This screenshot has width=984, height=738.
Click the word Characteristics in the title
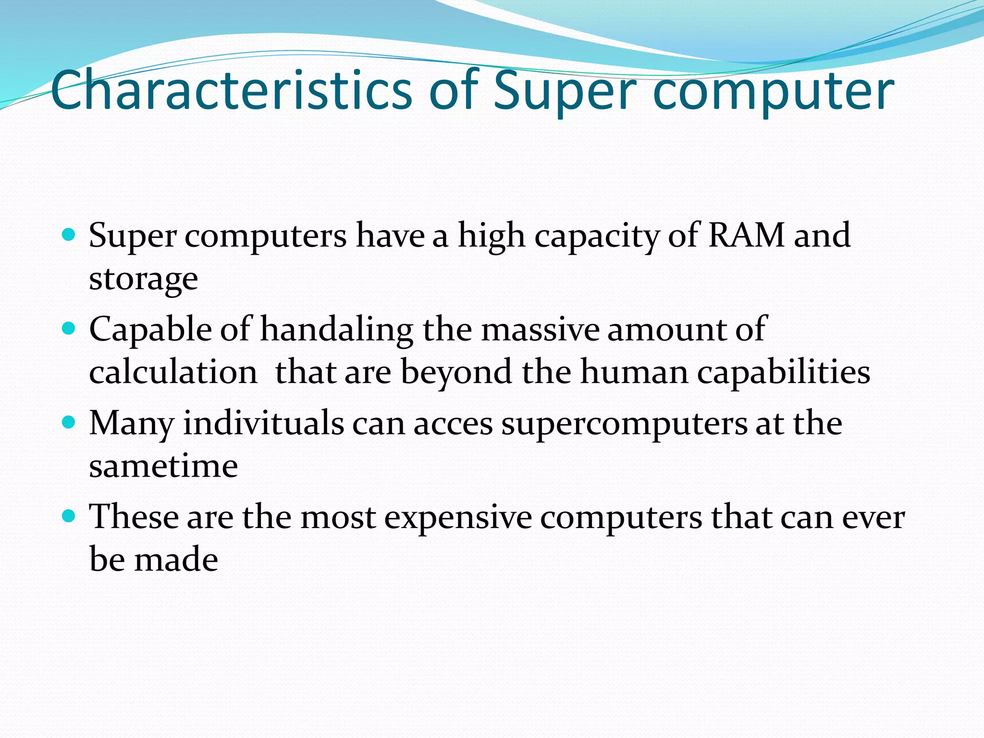click(231, 90)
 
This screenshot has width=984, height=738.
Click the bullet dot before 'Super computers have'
click(69, 235)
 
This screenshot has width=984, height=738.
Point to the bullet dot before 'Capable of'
click(69, 329)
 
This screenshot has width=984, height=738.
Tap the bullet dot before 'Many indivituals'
click(69, 422)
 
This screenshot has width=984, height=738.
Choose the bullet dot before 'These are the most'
click(69, 517)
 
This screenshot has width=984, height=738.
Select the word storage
click(143, 279)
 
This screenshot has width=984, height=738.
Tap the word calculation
click(173, 372)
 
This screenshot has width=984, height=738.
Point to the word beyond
click(456, 373)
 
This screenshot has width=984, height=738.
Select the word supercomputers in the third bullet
click(624, 424)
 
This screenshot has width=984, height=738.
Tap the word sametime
click(163, 466)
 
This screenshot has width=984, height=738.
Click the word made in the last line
click(176, 560)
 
